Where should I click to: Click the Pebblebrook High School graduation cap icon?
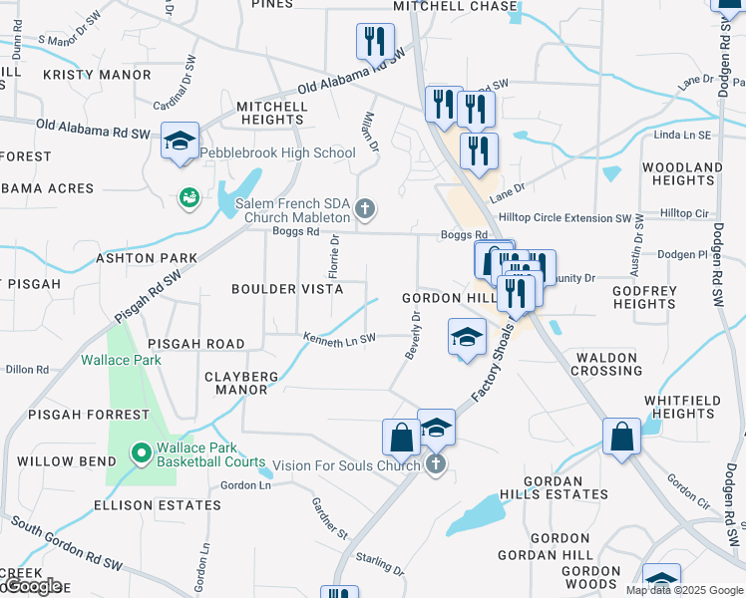pos(181,142)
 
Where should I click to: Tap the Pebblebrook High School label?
pos(277,152)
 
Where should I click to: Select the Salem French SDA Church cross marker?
pos(366,209)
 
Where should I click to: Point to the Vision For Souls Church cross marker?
pos(435,465)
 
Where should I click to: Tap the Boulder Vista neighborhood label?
pos(287,289)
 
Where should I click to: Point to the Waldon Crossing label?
pos(606,363)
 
